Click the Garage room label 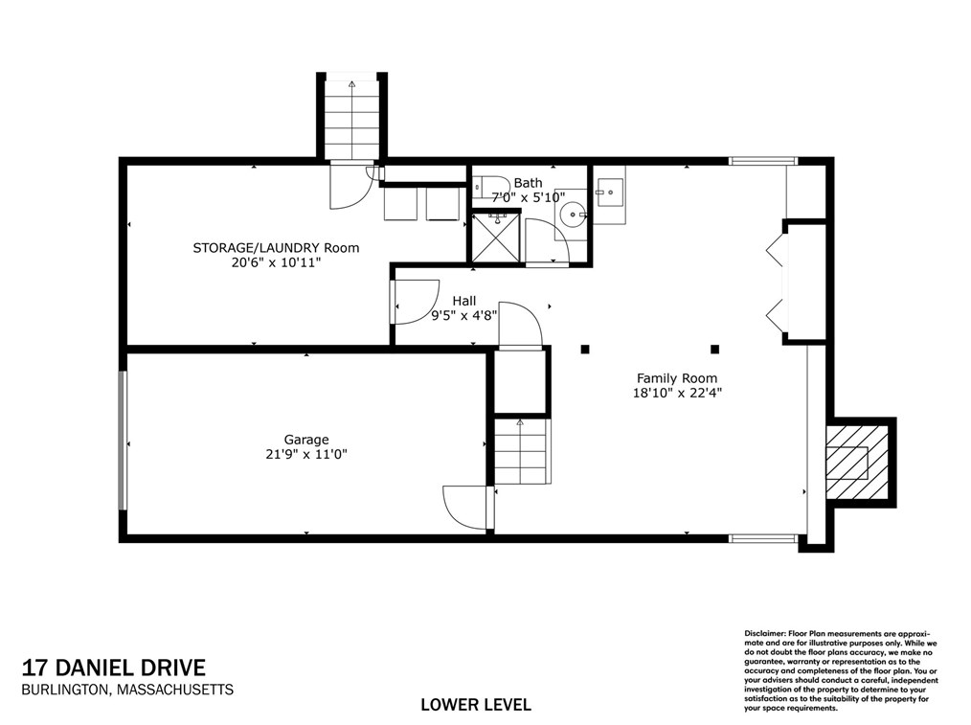305,440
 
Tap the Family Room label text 677,378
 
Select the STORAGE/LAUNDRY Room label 276,248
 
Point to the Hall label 463,301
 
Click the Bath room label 528,183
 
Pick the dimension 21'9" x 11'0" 305,454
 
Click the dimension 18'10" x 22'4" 677,393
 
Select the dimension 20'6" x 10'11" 276,262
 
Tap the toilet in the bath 490,187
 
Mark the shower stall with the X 496,238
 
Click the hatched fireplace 857,463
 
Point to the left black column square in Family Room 584,350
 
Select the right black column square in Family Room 714,350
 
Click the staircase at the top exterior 351,119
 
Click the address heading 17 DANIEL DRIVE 114,668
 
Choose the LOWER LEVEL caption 476,705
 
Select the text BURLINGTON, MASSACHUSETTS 127,690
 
